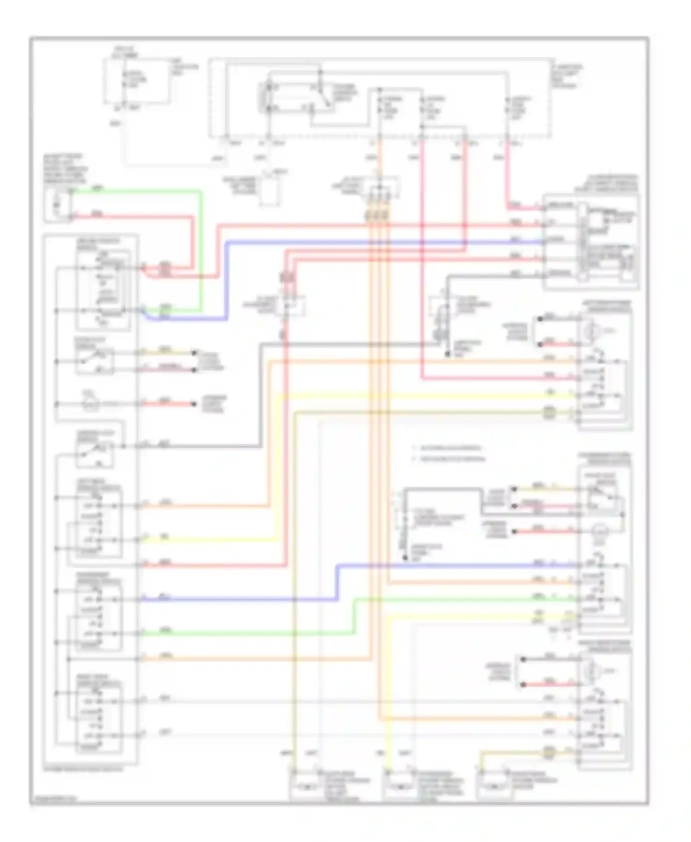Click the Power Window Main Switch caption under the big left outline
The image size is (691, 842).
(x=83, y=769)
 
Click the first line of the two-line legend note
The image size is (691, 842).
(x=446, y=448)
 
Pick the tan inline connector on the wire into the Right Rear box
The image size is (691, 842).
(x=549, y=753)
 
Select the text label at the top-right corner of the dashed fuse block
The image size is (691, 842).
(x=567, y=76)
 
